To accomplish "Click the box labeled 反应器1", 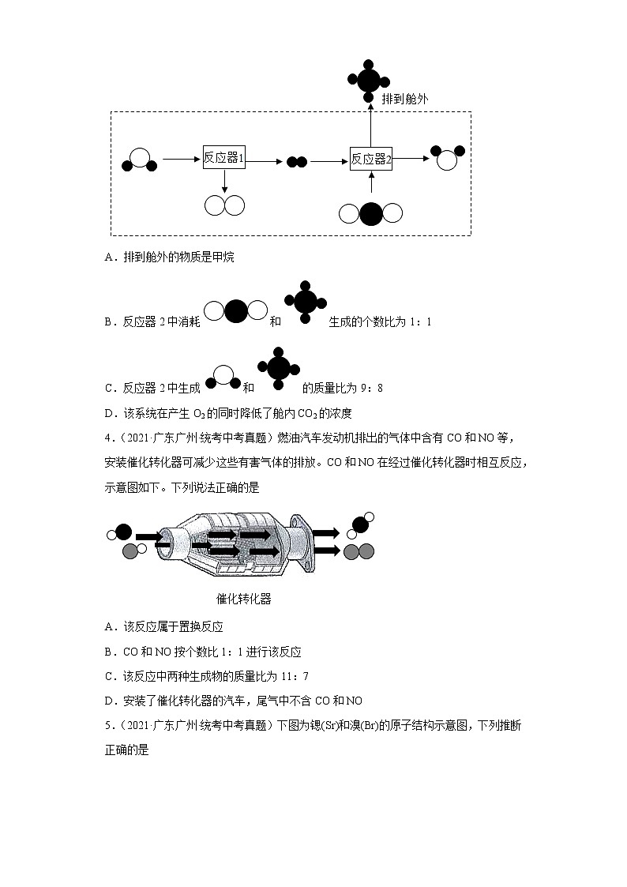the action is pos(224,158).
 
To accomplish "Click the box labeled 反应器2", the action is pos(371,159).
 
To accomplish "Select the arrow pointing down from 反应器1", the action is pos(224,181).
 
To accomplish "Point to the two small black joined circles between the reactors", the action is pos(296,162).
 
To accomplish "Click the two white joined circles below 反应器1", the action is pos(224,205).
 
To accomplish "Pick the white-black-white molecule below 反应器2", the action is pos(370,213).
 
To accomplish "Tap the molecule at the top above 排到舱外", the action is pos(368,80).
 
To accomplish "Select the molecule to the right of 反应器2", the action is pos(447,157).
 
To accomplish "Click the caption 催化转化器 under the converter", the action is pos(244,599).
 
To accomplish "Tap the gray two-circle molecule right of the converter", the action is pos(359,551).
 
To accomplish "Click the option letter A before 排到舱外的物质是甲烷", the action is pos(108,257).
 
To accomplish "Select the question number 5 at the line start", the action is pos(107,725).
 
